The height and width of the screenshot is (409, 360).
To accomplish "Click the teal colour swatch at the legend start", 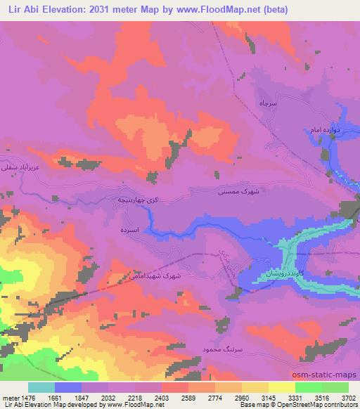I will point(41,387).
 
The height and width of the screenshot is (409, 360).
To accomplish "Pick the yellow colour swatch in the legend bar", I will point(281,387).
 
